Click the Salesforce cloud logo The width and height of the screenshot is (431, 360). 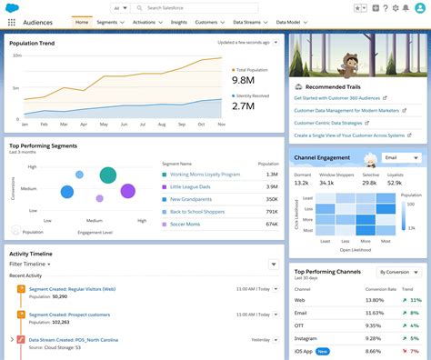click(13, 7)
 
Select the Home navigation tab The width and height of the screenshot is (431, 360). click(82, 21)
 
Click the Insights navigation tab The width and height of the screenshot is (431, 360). click(177, 21)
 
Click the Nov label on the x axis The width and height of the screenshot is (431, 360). click(221, 124)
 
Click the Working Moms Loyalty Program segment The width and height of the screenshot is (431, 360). click(204, 174)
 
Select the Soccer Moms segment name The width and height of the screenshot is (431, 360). click(186, 224)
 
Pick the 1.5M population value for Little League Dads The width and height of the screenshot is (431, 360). click(272, 186)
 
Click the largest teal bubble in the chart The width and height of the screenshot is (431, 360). click(107, 175)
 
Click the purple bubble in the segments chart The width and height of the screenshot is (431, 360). click(127, 191)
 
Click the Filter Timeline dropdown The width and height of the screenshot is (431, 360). click(31, 264)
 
